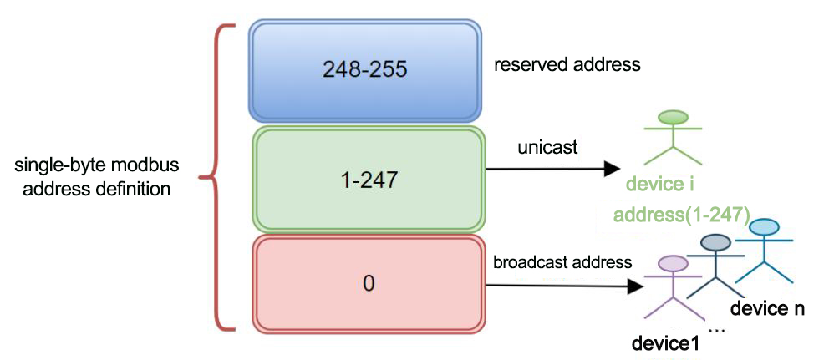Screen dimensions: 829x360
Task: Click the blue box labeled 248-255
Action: (x=365, y=70)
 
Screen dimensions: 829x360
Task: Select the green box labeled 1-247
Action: (x=369, y=180)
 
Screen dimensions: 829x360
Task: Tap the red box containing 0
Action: (x=369, y=284)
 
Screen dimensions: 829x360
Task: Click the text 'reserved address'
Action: (x=567, y=65)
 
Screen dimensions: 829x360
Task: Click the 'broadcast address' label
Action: (x=562, y=262)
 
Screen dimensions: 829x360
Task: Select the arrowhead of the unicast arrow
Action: (x=612, y=170)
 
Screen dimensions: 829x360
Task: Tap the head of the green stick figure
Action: (x=673, y=117)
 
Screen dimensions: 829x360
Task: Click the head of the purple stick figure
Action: (x=672, y=263)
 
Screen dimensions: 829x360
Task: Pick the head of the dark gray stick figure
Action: (x=715, y=242)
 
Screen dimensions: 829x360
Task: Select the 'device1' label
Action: (x=665, y=343)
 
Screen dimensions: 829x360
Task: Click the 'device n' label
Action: (x=767, y=308)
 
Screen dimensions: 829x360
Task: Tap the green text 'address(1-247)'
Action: (x=682, y=215)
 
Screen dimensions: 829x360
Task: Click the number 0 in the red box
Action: (x=369, y=284)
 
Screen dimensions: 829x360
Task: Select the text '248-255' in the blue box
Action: (x=365, y=70)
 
